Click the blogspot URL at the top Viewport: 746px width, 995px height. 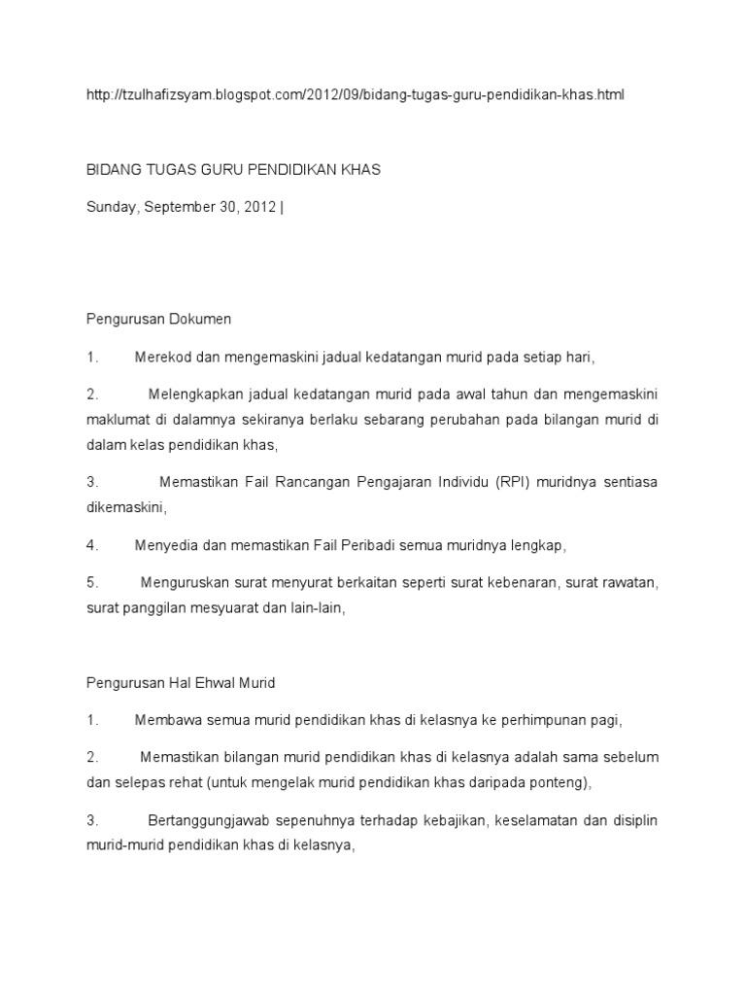[356, 94]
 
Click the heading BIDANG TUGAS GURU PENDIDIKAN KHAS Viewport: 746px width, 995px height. [233, 169]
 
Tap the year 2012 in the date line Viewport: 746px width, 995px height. [256, 207]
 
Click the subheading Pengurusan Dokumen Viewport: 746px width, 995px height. [158, 319]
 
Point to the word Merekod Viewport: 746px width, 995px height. [161, 357]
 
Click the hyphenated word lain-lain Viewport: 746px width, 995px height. [317, 608]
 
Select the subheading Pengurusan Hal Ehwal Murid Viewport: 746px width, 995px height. [181, 683]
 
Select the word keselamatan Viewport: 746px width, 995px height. [538, 821]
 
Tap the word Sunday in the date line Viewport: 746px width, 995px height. [111, 207]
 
